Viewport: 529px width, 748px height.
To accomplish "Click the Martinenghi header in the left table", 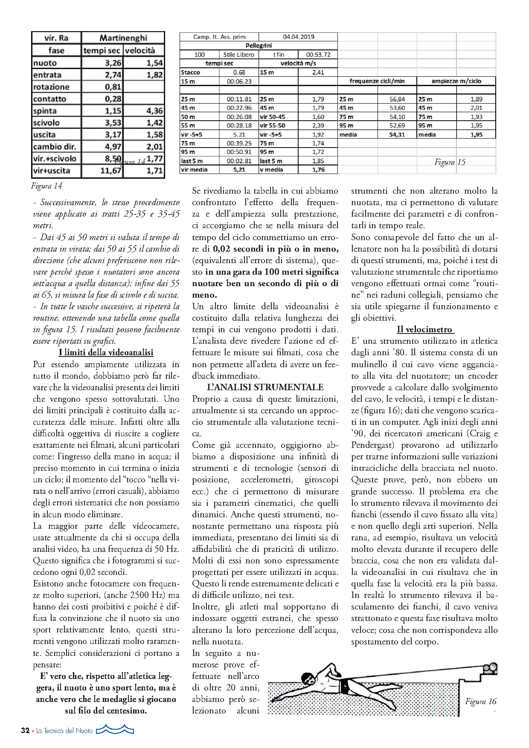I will [x=123, y=38].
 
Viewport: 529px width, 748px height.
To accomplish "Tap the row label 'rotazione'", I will [x=51, y=87].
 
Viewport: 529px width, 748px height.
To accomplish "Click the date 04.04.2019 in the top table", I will [x=298, y=37].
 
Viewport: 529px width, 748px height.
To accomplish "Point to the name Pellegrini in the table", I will [x=259, y=46].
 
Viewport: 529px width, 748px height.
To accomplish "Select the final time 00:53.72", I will [x=318, y=55].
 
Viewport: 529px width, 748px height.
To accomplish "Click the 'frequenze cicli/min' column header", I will [x=377, y=81].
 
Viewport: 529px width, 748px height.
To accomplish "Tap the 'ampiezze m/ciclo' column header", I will [x=456, y=81].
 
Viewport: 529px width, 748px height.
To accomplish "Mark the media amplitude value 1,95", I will [x=476, y=135].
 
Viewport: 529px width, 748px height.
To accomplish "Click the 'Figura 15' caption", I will [x=450, y=162].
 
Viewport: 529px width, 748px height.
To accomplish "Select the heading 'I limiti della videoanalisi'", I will [x=106, y=352].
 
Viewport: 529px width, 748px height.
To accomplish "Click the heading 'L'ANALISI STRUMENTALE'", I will [x=265, y=387].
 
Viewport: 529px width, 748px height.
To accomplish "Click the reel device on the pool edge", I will [x=490, y=668].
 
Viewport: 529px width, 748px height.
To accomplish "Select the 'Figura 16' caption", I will [x=481, y=702].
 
